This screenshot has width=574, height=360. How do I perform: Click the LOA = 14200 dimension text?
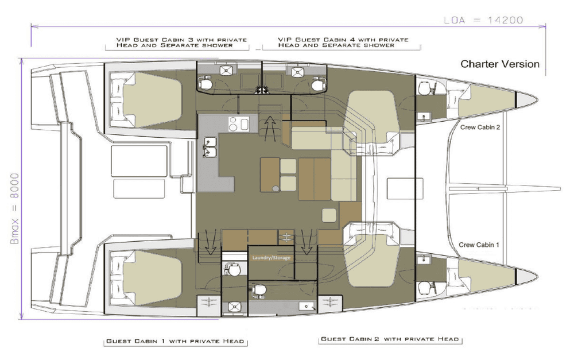pos(483,20)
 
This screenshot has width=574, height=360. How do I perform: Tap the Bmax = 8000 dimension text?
pos(15,208)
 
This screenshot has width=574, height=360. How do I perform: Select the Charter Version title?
pos(500,64)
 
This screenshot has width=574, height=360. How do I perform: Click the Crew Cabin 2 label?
pos(480,127)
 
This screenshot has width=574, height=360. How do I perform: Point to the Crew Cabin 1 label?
pos(479,245)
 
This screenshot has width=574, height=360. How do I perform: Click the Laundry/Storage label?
pos(272,258)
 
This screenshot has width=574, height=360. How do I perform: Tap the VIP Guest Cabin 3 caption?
pos(181,42)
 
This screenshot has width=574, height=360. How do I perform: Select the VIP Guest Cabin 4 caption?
pos(343,42)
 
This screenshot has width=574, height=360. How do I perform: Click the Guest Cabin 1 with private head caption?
pos(175,341)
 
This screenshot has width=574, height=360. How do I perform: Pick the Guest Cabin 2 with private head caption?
pos(390,339)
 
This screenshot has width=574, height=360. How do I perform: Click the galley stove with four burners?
pos(238,124)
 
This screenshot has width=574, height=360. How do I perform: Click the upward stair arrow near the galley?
pos(270,128)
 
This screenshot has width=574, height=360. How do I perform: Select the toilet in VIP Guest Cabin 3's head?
pos(205,83)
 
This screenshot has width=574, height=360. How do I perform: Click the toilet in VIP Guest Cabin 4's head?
pos(317,84)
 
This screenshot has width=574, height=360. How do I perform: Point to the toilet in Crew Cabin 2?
pos(425,88)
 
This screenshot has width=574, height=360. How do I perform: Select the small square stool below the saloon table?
pos(329,215)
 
